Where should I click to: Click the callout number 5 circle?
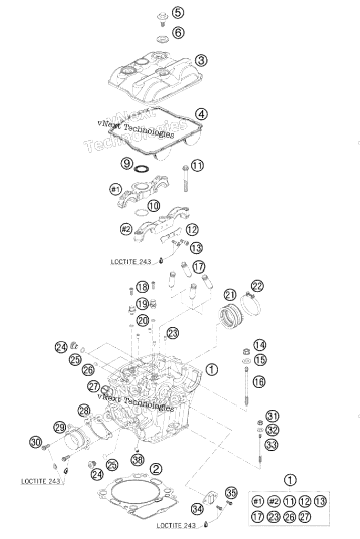[178, 13]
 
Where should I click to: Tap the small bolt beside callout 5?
[161, 19]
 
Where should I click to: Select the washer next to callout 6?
[161, 39]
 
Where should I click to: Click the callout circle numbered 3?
[201, 60]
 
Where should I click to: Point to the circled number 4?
[201, 114]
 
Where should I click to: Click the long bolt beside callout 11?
[186, 178]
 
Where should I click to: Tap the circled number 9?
[127, 163]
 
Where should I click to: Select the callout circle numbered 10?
[154, 206]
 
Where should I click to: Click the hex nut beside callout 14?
[246, 351]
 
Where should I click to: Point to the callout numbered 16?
[260, 381]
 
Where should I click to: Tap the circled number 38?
[138, 460]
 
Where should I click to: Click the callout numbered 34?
[197, 509]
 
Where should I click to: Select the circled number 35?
[231, 493]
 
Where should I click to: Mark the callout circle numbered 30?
[36, 442]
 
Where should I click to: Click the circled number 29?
[59, 427]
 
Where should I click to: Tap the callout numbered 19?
[142, 304]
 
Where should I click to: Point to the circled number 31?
[272, 416]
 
